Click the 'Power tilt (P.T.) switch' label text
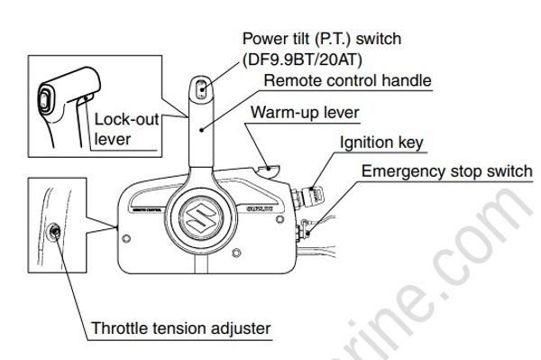(x=321, y=40)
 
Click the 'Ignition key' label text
(x=381, y=143)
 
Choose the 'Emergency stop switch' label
(x=442, y=171)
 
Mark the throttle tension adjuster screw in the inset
(x=55, y=234)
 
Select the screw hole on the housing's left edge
(x=125, y=238)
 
